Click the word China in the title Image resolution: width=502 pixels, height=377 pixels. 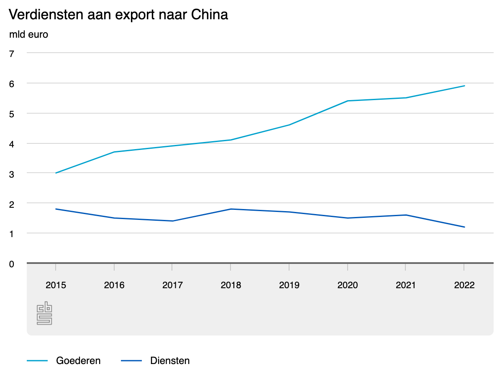tap(210, 15)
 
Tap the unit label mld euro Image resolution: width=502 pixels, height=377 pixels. tap(28, 35)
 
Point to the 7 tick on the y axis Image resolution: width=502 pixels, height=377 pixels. tap(12, 53)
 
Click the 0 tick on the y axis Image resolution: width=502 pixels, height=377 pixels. tap(12, 263)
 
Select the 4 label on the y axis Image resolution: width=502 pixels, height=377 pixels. tap(12, 143)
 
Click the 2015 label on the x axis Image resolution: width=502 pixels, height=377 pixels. tap(56, 285)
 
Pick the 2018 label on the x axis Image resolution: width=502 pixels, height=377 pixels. tap(231, 285)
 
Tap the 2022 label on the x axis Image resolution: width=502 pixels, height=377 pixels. tap(464, 285)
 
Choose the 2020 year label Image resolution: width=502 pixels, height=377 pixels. tap(347, 285)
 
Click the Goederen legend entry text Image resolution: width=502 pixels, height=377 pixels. tap(78, 361)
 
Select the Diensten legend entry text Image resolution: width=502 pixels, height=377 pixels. tap(170, 361)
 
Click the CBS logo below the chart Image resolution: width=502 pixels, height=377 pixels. tap(44, 313)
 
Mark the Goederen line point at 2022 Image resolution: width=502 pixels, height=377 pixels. tap(464, 86)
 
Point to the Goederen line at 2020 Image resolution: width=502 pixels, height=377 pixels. tap(347, 101)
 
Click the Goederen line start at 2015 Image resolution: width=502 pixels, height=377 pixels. tap(56, 173)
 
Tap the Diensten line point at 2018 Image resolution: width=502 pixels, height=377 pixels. tap(231, 209)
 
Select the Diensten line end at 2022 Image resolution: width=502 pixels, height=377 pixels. tap(464, 227)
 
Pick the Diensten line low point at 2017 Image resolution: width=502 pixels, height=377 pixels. tap(172, 221)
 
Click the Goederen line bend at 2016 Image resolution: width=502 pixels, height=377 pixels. tap(114, 152)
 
